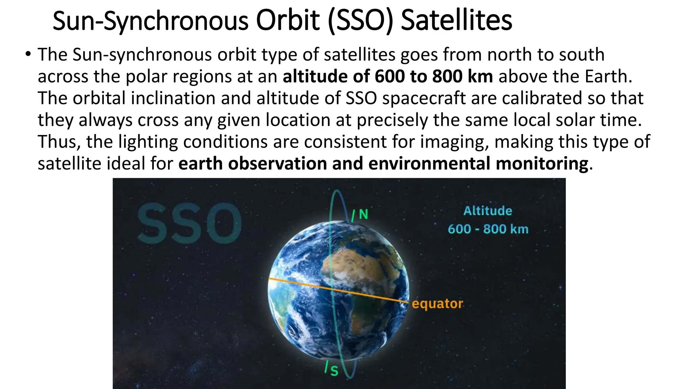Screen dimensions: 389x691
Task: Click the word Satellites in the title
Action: coord(456,21)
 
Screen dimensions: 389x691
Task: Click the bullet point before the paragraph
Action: coord(28,54)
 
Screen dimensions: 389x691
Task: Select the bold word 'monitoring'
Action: coord(542,164)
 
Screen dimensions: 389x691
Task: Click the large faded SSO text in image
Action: coord(189,223)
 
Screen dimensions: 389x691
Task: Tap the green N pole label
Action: coord(363,214)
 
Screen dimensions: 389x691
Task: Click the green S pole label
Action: coord(334,371)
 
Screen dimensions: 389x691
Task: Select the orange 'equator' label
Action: coord(437,304)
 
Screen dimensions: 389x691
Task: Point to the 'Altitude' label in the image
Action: coord(488,211)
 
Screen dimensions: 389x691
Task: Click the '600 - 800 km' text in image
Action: coord(488,229)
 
